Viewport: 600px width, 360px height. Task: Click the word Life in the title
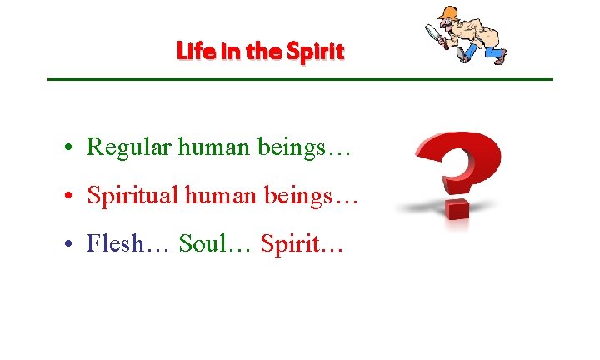(192, 52)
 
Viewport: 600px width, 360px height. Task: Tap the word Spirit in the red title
(315, 52)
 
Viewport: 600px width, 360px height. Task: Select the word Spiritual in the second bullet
(133, 196)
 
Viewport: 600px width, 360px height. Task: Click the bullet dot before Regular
(74, 148)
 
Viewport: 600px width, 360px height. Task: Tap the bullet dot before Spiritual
(74, 197)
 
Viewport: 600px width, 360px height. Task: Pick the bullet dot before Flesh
(74, 245)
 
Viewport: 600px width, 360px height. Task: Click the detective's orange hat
(449, 12)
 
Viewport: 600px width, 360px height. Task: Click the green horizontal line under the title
(300, 79)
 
